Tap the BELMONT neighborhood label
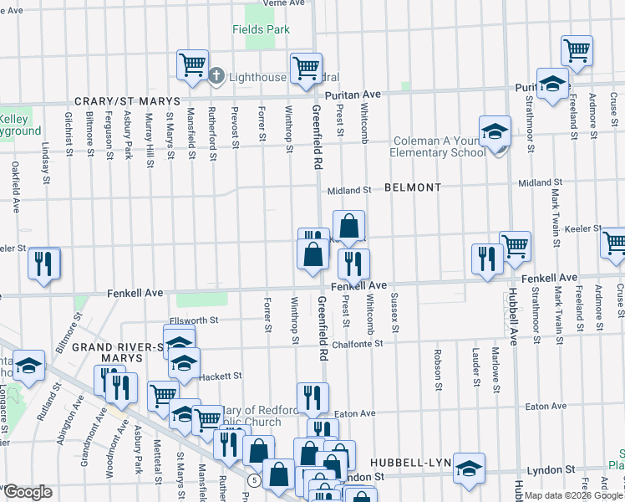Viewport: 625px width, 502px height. click(x=413, y=188)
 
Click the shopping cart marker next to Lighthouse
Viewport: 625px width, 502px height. click(x=192, y=64)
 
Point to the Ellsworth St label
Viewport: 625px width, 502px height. click(x=193, y=320)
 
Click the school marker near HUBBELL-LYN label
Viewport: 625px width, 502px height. click(x=469, y=468)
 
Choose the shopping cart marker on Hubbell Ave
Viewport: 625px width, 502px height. click(x=515, y=245)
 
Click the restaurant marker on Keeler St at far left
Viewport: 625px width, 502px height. click(x=43, y=263)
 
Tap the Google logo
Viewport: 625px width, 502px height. click(x=28, y=492)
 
